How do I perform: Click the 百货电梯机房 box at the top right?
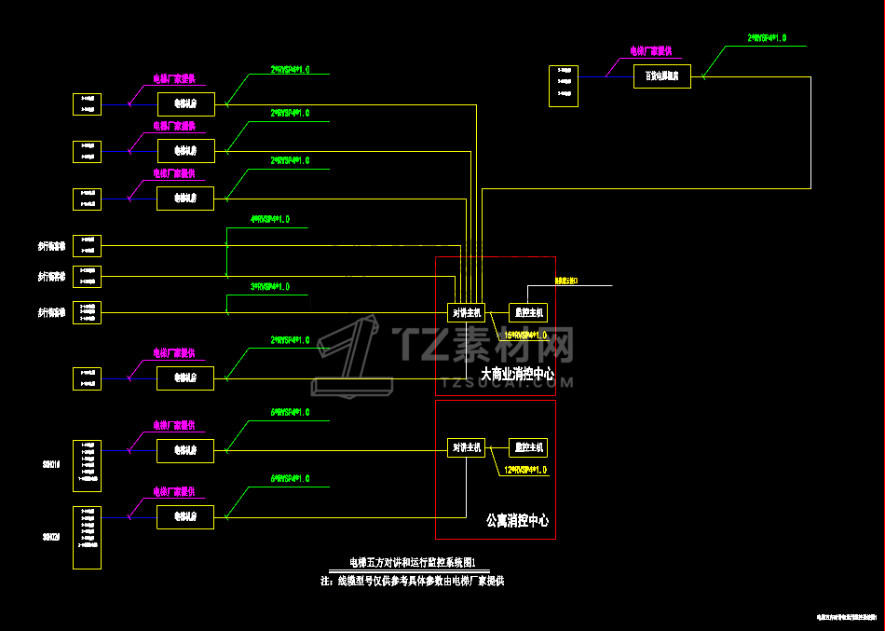pos(662,76)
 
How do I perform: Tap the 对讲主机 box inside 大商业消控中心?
pos(466,313)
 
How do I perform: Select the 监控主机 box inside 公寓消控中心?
pos(527,447)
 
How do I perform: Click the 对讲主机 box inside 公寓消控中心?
pos(466,447)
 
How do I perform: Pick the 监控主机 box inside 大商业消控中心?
pos(527,313)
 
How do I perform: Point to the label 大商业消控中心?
pos(517,375)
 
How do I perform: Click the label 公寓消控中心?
pos(518,520)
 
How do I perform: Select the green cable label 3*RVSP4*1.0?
pos(269,287)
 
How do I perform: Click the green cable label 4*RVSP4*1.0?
pos(269,220)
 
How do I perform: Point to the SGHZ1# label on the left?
pos(52,462)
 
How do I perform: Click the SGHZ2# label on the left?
pos(52,537)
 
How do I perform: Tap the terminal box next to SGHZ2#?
pos(87,537)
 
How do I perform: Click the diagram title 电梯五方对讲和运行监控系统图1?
pos(412,563)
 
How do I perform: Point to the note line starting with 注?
pos(412,581)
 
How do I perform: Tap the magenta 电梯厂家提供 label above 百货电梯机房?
pos(651,51)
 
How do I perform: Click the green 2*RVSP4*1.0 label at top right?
pos(767,38)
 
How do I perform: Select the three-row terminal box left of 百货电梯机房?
pos(564,86)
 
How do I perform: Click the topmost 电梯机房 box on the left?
pos(186,103)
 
